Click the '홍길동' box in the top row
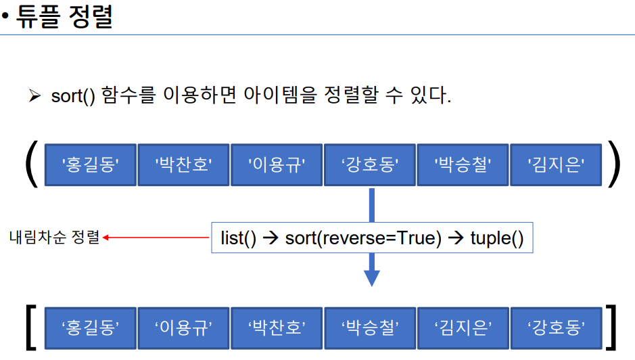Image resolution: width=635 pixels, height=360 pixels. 91,164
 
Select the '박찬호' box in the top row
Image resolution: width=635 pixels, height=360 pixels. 184,164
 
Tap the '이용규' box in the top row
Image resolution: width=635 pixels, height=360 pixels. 277,164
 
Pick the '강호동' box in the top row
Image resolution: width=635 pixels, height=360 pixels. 370,164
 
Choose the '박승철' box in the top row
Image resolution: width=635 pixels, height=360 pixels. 463,164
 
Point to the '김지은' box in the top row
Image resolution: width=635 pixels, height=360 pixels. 556,164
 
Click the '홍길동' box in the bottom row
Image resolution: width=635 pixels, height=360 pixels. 91,328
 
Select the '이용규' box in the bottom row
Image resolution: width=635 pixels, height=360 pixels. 184,328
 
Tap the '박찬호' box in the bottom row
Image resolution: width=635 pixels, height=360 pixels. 277,328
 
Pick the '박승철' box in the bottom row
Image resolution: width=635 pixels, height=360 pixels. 370,328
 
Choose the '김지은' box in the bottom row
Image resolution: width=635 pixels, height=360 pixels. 463,328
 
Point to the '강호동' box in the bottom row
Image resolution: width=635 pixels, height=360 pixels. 556,328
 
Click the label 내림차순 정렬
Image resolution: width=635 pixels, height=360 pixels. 54,238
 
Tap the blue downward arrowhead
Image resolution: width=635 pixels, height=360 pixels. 371,277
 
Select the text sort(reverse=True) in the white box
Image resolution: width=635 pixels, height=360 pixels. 363,238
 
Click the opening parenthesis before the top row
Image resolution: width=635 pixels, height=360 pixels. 30,164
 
